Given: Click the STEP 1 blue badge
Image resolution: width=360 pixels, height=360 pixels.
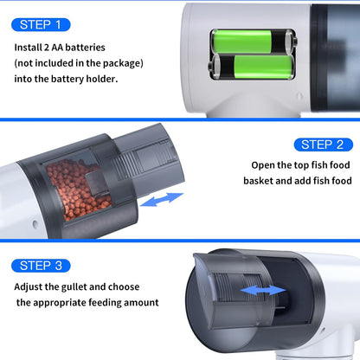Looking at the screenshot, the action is click(41, 25).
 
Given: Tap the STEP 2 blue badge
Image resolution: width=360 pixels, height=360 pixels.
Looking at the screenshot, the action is click(324, 145).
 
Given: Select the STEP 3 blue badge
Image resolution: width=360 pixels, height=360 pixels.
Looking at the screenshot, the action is click(41, 266).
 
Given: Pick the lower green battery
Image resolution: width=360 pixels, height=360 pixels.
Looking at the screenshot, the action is click(252, 67).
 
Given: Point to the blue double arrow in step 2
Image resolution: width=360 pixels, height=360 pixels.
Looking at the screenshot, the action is click(162, 199).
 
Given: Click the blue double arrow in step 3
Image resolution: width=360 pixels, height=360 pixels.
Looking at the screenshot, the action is click(263, 290).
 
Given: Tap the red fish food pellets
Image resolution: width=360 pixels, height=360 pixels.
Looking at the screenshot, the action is click(76, 189).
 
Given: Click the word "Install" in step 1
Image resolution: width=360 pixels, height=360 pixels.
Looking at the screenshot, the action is click(28, 48).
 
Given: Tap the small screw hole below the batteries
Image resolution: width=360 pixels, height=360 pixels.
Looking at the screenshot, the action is click(299, 96).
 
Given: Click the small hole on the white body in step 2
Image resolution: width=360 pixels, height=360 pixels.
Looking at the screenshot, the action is click(35, 224).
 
